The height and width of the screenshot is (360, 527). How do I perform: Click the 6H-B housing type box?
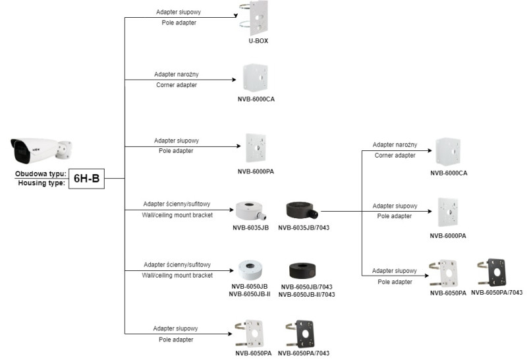[86, 178]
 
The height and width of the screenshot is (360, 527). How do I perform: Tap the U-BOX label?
[258, 40]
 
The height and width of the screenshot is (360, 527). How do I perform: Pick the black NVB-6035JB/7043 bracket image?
[302, 211]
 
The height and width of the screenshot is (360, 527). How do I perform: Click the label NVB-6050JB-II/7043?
[306, 295]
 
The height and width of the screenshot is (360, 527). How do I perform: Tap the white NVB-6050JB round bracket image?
[251, 270]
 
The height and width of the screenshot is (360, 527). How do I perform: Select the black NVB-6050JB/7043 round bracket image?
[303, 270]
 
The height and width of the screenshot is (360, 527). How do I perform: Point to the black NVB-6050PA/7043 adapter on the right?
[496, 274]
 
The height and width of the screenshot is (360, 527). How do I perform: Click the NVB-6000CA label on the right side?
[449, 173]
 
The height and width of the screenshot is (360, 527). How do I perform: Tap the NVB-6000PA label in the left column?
[256, 172]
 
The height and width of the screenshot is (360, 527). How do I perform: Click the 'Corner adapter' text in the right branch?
[395, 155]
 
